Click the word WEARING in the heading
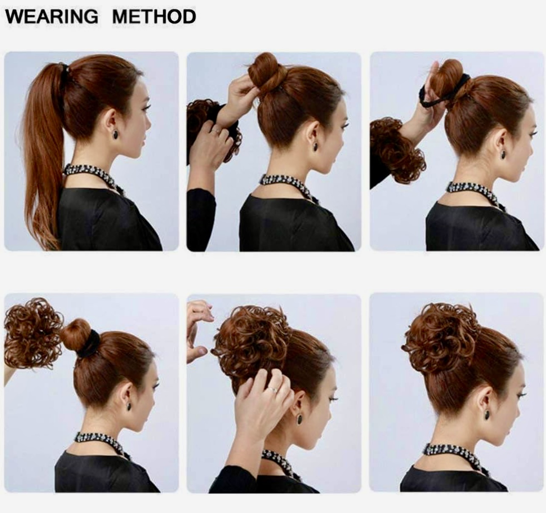point(51,17)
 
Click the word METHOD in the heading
point(154,17)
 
